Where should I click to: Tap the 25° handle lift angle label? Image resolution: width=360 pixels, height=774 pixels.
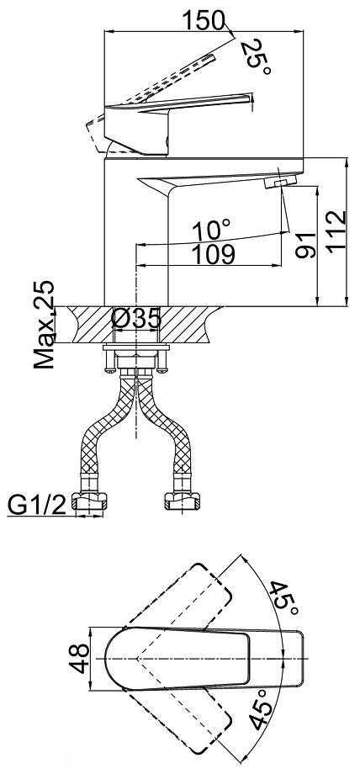click(257, 58)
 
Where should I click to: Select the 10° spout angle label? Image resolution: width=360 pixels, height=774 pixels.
click(211, 230)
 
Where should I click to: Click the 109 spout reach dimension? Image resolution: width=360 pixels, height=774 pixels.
click(213, 254)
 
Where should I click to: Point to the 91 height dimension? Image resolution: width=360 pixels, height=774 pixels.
click(305, 245)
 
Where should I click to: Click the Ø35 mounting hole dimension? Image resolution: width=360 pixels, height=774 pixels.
click(136, 318)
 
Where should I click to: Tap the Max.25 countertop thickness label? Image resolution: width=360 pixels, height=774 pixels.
click(44, 325)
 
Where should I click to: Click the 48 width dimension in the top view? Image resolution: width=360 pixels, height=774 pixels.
click(79, 659)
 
